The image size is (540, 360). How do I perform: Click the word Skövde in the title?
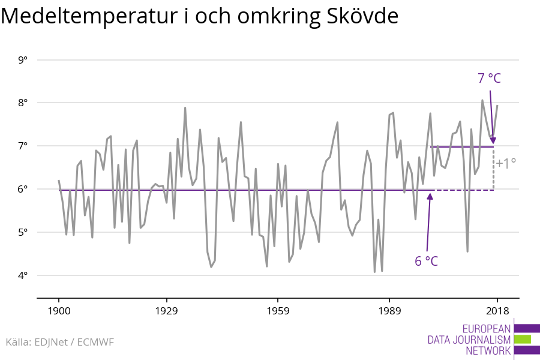pos(362,16)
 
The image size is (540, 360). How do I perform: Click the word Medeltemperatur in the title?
pos(89,16)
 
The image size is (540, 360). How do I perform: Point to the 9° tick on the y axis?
pos(23,60)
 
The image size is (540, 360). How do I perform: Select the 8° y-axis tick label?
pos(23,103)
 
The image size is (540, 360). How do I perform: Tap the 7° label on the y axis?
pos(23,146)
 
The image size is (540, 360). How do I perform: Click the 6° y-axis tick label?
pos(23,189)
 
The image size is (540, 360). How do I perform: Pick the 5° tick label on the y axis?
pos(23,233)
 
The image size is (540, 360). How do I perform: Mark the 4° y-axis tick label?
pos(23,275)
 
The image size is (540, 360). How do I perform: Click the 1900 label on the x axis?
pos(59,311)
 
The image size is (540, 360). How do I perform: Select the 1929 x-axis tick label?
pos(167,311)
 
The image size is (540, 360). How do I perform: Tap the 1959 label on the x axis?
pos(278,311)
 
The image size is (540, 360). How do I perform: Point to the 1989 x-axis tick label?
pos(389,311)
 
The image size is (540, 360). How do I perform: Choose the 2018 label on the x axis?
pos(497,311)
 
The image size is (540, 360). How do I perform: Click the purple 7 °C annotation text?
pos(489,78)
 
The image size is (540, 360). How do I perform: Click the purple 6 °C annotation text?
pos(427,261)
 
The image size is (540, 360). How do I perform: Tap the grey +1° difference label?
pos(506,163)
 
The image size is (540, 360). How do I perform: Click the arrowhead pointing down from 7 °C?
pos(493,140)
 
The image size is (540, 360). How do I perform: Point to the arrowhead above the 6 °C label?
pos(430,196)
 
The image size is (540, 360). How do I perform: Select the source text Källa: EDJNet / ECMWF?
pos(59,342)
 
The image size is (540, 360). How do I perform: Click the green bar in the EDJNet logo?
pos(523,340)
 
